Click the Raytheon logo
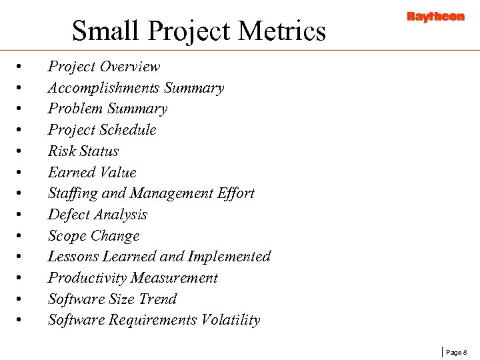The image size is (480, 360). click(435, 17)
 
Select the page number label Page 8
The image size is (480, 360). click(457, 351)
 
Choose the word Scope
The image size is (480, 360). click(67, 236)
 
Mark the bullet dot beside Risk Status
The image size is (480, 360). click(21, 152)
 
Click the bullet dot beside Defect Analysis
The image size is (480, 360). click(21, 215)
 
